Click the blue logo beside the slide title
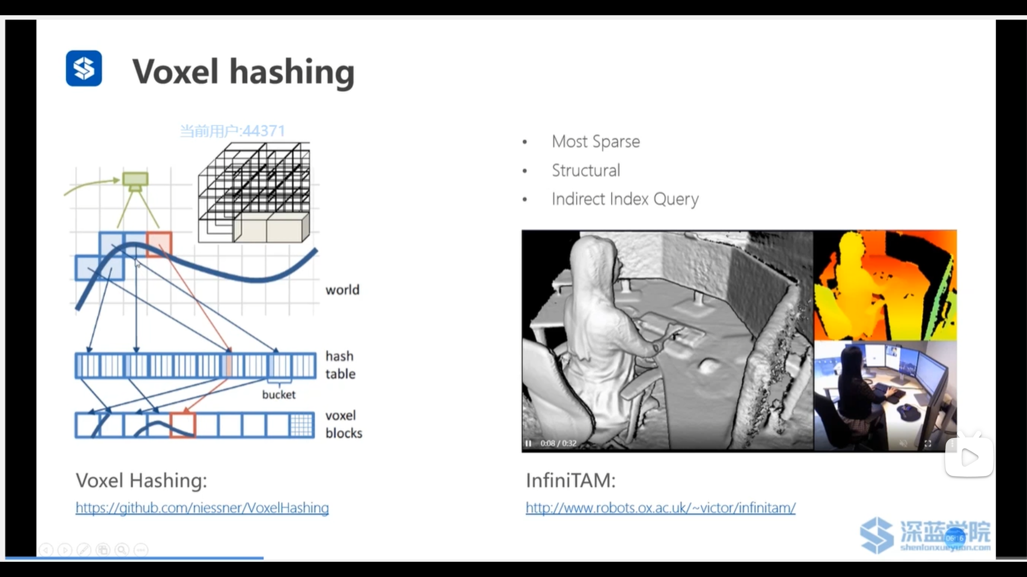tap(83, 68)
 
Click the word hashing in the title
tap(292, 72)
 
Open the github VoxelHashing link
tap(202, 508)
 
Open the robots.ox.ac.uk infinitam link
tap(660, 508)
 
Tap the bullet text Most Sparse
tap(596, 141)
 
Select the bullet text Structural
tap(586, 170)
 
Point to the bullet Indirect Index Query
tap(625, 199)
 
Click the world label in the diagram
tap(342, 290)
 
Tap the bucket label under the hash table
tap(279, 395)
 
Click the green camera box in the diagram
tap(135, 179)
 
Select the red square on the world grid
tap(159, 244)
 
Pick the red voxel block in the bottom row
tap(183, 425)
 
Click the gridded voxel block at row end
tap(301, 425)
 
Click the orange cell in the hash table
tap(229, 365)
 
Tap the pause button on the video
tap(528, 444)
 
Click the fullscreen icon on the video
tap(928, 444)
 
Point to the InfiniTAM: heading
tap(570, 480)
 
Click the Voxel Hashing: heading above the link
tap(141, 480)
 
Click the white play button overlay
tap(969, 457)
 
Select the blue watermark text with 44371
tap(232, 131)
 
